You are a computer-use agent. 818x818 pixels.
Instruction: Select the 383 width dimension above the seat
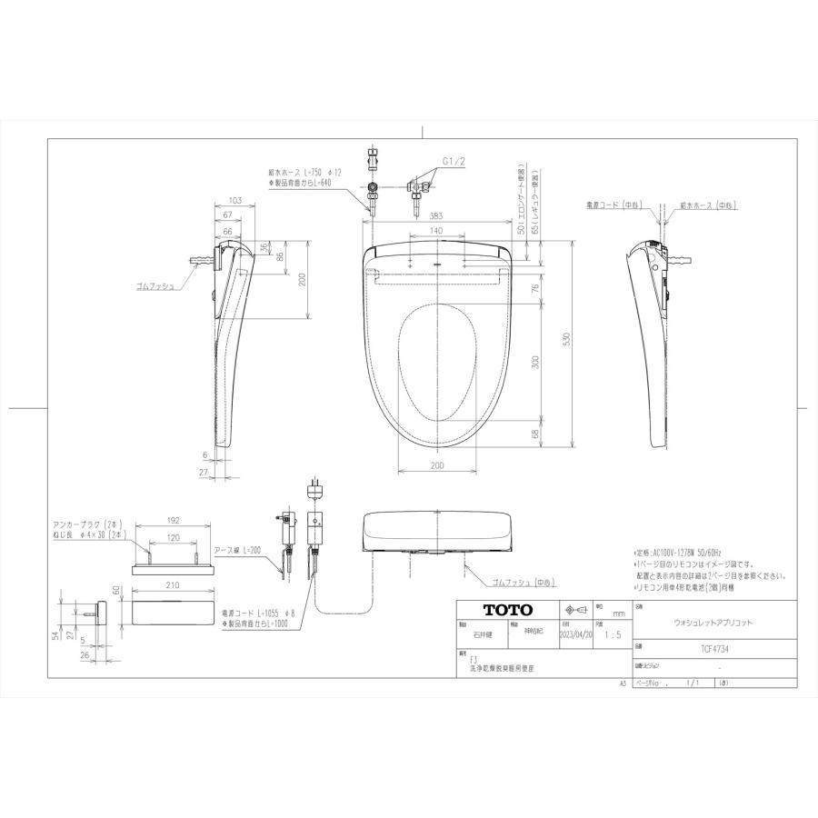tap(437, 216)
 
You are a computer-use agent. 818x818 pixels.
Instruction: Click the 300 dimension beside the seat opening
tap(535, 361)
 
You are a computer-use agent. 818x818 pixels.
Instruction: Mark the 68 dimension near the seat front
tap(535, 434)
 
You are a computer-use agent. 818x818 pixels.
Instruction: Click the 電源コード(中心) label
tap(614, 206)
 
